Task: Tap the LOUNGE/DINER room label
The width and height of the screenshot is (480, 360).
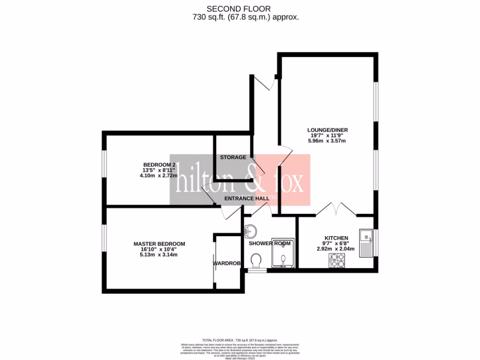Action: pos(328,130)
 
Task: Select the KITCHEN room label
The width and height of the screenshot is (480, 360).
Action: pos(336,238)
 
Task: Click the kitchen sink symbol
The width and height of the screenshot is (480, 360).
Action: pos(366,243)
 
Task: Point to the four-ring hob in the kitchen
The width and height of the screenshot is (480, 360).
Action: pos(337,260)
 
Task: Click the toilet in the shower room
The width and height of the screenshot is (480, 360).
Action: pos(256,260)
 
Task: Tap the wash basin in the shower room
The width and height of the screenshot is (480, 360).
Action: pos(251,231)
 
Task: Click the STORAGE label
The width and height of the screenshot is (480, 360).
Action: pos(233,157)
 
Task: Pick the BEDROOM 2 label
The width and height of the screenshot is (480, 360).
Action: pos(159,165)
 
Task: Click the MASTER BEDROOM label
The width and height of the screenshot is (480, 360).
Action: pos(159,244)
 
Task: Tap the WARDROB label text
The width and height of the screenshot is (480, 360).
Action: pos(227,263)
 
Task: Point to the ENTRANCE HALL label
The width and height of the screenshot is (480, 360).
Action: pos(247,199)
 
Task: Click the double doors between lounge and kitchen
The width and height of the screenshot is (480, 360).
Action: pos(336,210)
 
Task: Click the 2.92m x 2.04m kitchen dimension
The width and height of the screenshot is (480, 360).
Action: pos(336,249)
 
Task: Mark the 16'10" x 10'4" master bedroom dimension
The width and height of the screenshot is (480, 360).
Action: pos(159,249)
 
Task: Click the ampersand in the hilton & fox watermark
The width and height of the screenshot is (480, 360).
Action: pos(249,180)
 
